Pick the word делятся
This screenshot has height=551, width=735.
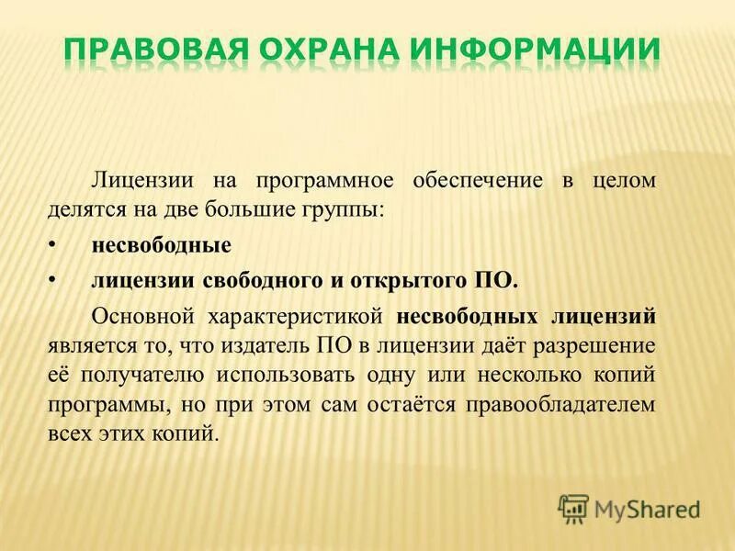point(83,210)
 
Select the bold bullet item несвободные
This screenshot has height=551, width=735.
point(161,246)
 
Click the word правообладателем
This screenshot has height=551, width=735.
point(563,403)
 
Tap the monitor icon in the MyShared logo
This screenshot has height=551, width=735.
point(574,507)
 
